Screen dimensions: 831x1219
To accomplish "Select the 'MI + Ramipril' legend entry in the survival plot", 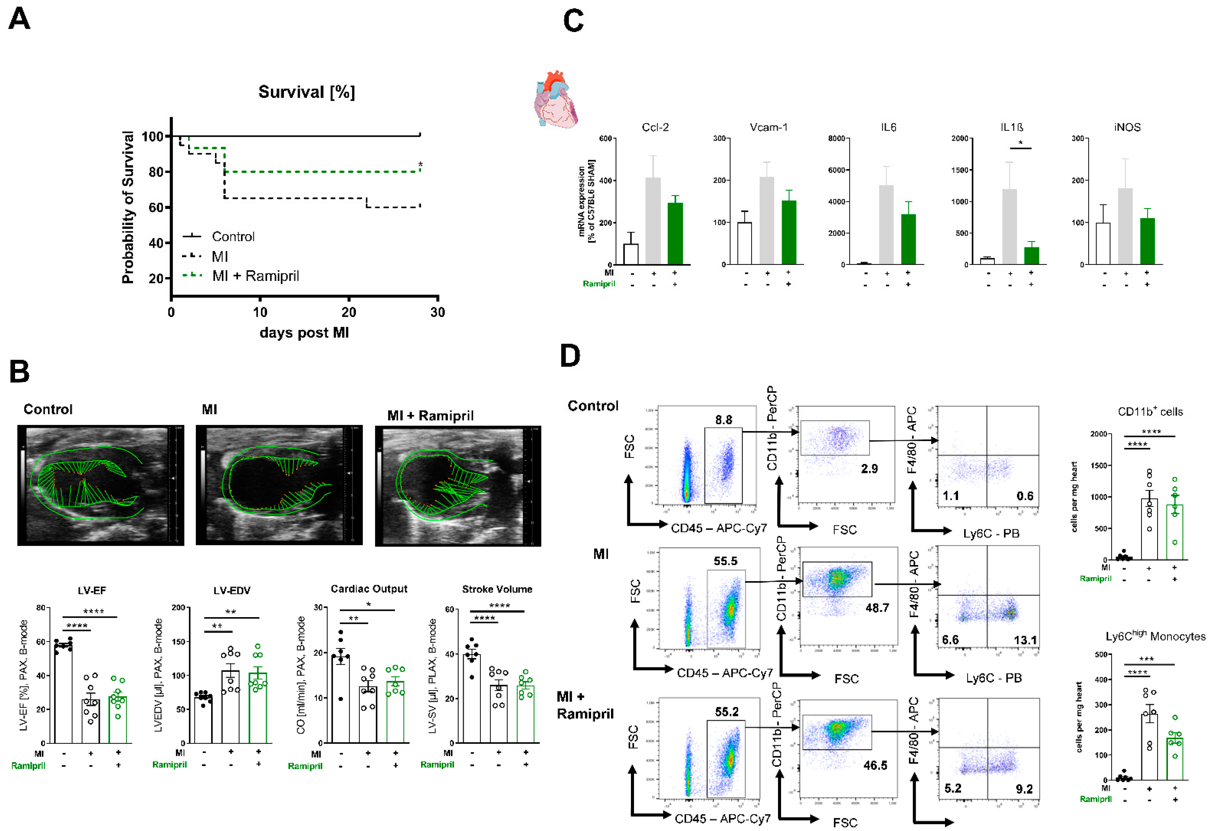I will tap(255, 276).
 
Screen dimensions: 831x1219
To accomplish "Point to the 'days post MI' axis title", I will tap(304, 333).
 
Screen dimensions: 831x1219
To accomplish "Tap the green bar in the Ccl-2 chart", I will tap(675, 234).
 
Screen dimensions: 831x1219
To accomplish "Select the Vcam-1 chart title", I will tap(768, 127).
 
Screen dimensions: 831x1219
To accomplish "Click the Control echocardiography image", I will tap(101, 485).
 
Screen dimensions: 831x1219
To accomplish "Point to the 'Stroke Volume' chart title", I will tap(497, 589).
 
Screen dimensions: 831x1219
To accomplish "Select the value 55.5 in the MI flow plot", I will tap(725, 561).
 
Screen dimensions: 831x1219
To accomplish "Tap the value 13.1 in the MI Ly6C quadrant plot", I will tap(1025, 640).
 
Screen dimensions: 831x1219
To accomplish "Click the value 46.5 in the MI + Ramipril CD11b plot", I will tap(875, 765).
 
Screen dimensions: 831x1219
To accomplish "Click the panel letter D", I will tap(570, 356).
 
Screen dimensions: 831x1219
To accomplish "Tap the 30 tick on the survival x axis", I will tap(437, 313).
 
